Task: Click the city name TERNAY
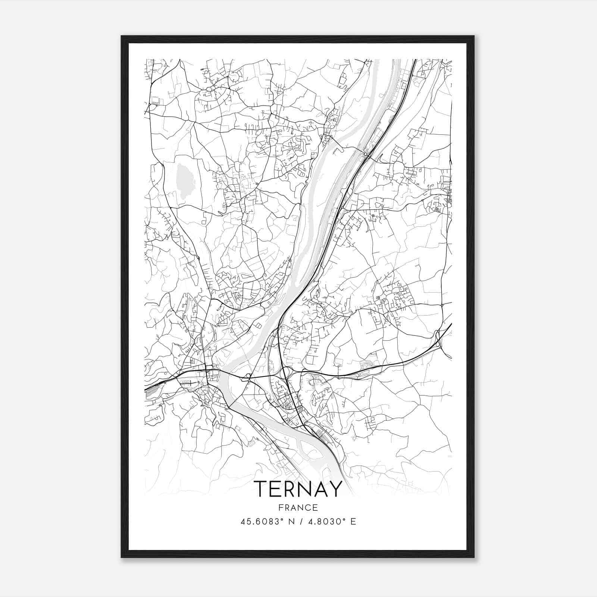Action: click(298, 489)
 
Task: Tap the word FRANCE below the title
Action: click(298, 508)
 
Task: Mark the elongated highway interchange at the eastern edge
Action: click(438, 338)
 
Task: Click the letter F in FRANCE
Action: click(281, 508)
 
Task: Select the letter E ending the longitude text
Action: click(353, 522)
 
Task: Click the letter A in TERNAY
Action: click(321, 489)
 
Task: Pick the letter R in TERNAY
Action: click(290, 489)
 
